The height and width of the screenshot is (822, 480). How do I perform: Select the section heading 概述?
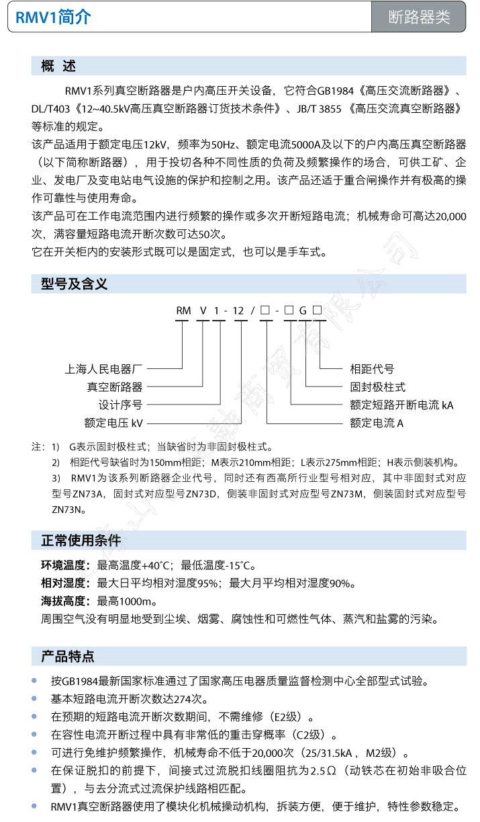[x=58, y=66]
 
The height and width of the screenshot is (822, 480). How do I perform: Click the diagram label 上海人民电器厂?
[x=104, y=369]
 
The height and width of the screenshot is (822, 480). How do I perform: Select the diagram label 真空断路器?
[x=114, y=387]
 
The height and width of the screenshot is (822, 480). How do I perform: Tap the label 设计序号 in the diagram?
[x=120, y=405]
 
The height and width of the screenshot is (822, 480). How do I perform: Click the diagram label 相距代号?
[x=372, y=369]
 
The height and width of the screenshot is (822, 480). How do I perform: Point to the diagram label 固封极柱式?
[x=378, y=387]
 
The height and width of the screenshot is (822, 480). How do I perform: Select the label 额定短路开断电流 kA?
[x=401, y=405]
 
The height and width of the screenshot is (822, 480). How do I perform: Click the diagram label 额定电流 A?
[x=377, y=423]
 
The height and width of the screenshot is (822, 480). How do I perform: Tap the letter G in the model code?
[x=303, y=311]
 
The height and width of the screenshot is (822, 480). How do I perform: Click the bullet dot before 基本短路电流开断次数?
[x=35, y=698]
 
